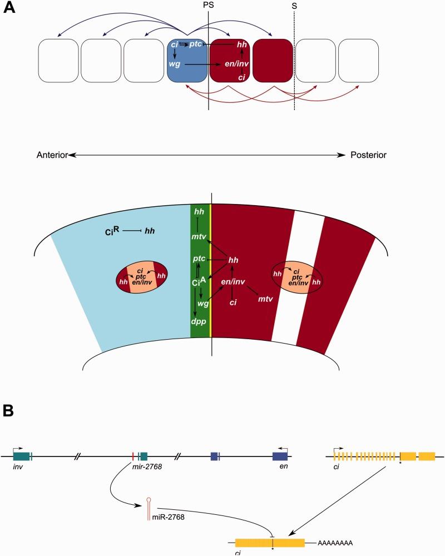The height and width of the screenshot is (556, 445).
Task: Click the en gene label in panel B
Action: (x=281, y=469)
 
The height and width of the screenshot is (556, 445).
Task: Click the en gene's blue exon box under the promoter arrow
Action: (x=280, y=456)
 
